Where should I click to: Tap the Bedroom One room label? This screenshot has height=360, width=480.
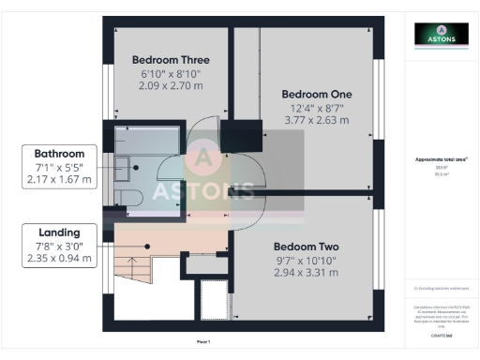(x=317, y=94)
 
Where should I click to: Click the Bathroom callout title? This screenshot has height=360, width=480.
(x=59, y=154)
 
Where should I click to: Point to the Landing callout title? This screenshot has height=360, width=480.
(x=59, y=232)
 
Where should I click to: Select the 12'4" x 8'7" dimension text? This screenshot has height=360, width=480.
(x=317, y=108)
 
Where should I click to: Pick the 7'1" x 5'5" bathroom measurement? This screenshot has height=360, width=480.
(x=59, y=167)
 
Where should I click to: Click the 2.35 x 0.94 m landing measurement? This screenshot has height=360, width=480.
(x=59, y=259)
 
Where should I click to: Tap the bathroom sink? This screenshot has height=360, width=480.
(x=123, y=167)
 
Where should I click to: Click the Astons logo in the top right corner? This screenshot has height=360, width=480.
(x=442, y=35)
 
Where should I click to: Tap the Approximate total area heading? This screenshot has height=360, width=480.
(x=441, y=160)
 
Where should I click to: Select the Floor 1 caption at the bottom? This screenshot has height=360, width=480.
(x=203, y=341)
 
